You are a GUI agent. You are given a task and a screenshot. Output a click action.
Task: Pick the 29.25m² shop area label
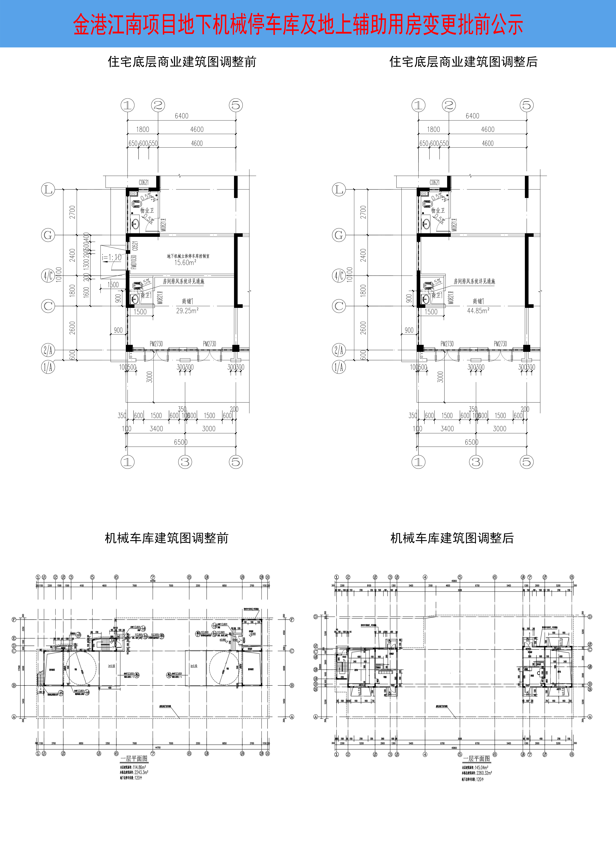187,310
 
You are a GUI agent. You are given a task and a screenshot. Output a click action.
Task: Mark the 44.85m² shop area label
478,310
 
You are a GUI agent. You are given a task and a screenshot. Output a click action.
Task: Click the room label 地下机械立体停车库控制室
188,256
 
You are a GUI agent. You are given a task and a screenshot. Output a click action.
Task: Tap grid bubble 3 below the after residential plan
476,462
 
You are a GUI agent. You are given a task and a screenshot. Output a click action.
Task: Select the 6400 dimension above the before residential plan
182,116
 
